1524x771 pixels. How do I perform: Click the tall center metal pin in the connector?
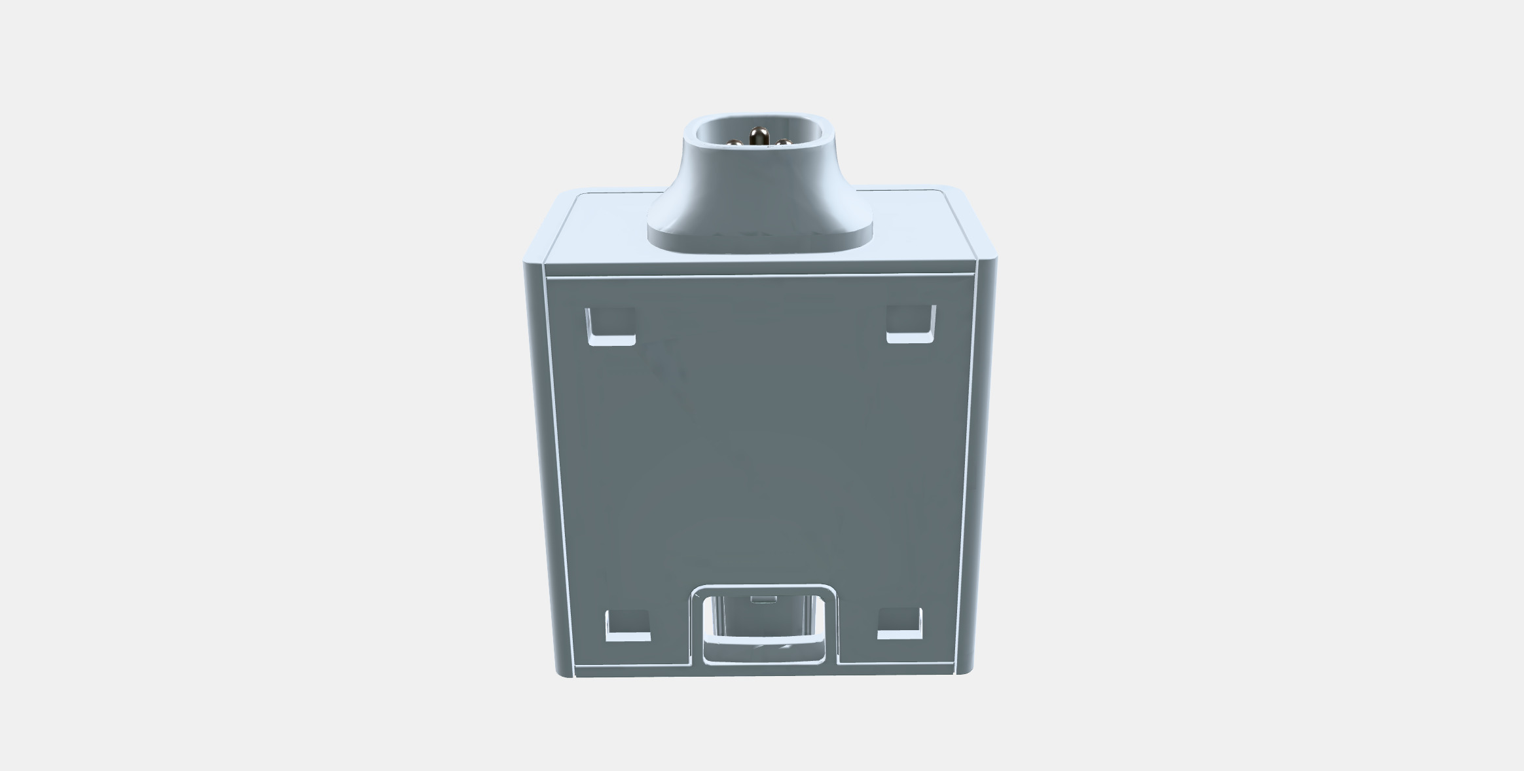(759, 138)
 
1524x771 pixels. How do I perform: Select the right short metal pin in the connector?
(784, 143)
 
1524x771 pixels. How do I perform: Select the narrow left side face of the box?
(541, 459)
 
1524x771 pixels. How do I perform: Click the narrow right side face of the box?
(986, 459)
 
